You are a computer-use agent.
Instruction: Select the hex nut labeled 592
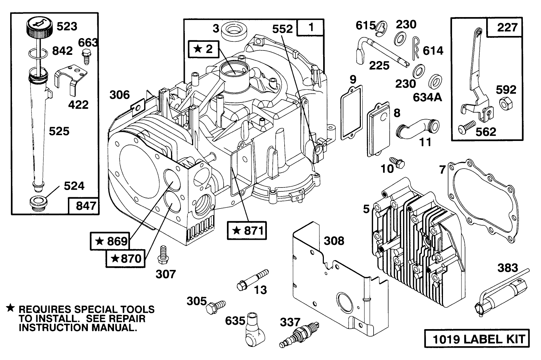click(x=505, y=104)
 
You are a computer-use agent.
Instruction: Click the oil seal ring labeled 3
click(x=233, y=30)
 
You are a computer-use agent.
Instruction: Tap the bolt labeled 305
click(x=215, y=307)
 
